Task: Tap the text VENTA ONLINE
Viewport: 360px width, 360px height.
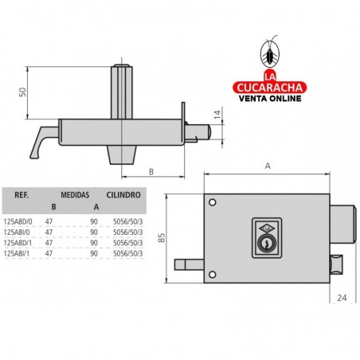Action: tap(269, 100)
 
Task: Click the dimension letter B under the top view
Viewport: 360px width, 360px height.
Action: tap(151, 170)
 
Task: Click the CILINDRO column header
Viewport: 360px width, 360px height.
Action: tap(124, 193)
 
